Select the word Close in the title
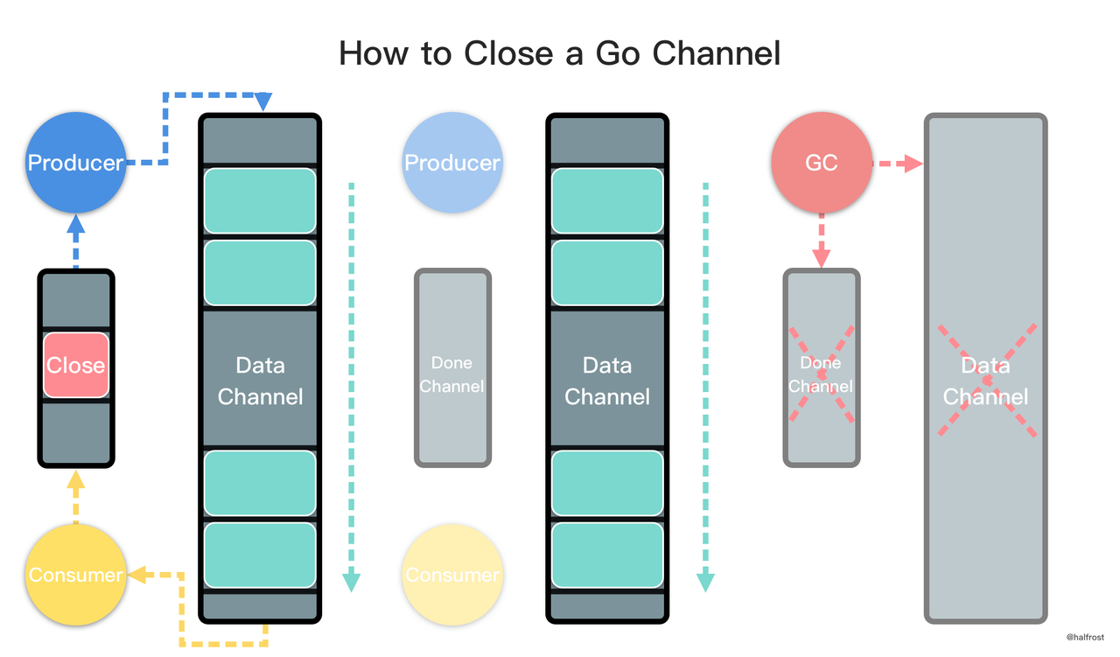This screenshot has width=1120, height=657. pyautogui.click(x=505, y=53)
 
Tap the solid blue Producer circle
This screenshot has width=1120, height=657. pyautogui.click(x=75, y=163)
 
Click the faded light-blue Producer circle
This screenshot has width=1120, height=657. pyautogui.click(x=451, y=163)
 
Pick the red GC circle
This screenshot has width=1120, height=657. pyautogui.click(x=821, y=163)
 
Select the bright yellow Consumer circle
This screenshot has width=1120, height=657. pyautogui.click(x=75, y=575)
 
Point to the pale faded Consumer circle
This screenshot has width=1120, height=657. pyautogui.click(x=452, y=575)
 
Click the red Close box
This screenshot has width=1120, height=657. pyautogui.click(x=76, y=365)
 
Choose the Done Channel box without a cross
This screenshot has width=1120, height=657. pyautogui.click(x=451, y=367)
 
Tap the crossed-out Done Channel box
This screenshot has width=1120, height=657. pyautogui.click(x=821, y=367)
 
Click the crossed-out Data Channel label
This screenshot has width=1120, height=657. pyautogui.click(x=985, y=381)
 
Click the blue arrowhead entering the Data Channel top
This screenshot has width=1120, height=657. pyautogui.click(x=262, y=102)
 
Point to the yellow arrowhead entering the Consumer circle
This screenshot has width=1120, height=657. pyautogui.click(x=136, y=575)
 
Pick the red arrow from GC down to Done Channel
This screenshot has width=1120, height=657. pyautogui.click(x=821, y=241)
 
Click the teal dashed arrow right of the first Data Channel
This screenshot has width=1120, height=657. pyautogui.click(x=351, y=385)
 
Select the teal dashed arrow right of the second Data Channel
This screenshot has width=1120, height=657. pyautogui.click(x=705, y=385)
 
